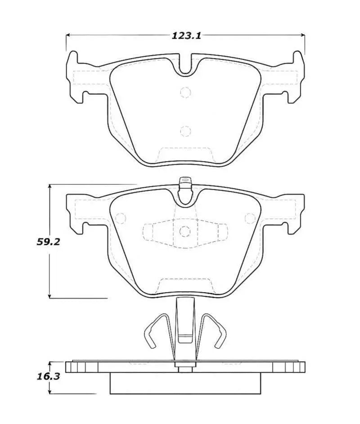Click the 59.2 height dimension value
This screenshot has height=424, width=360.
pyautogui.click(x=49, y=241)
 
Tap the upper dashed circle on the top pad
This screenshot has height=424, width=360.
pyautogui.click(x=185, y=92)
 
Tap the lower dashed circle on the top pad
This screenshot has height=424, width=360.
pyautogui.click(x=185, y=131)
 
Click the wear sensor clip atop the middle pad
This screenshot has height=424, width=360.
pyautogui.click(x=185, y=182)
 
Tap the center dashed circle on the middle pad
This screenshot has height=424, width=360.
pyautogui.click(x=185, y=232)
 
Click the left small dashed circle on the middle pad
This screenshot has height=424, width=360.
pyautogui.click(x=120, y=218)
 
